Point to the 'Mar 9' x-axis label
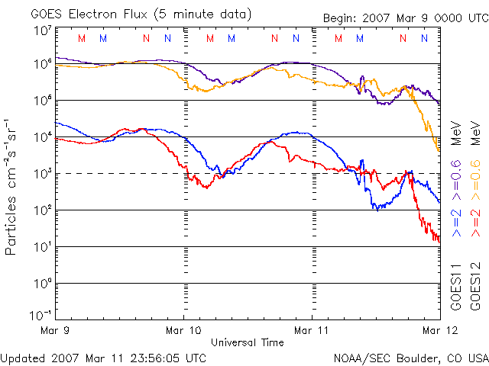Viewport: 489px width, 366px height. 56,330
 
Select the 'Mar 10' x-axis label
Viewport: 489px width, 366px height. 183,330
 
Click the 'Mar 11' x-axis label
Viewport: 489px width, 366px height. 312,330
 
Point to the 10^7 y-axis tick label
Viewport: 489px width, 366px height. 42,30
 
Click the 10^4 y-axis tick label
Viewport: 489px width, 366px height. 42,136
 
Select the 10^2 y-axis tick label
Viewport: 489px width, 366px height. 42,210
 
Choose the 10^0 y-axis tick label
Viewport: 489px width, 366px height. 42,283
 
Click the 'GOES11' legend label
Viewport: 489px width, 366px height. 456,286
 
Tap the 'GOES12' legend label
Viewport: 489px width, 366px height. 474,286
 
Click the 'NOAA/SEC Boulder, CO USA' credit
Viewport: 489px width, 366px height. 410,357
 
